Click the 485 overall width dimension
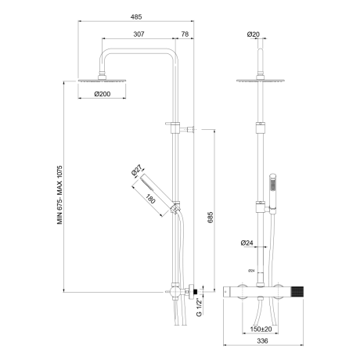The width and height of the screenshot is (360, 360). click(136, 17)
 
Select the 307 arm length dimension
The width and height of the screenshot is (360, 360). click(139, 34)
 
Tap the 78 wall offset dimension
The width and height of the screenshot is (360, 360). click(185, 34)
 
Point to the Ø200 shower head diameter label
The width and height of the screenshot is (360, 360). click(103, 94)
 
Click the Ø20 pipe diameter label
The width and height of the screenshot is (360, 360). click(254, 34)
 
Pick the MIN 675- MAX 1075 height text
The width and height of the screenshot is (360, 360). click(60, 195)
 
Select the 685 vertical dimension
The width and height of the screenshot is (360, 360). click(211, 218)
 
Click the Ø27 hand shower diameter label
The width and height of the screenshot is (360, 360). click(136, 171)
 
